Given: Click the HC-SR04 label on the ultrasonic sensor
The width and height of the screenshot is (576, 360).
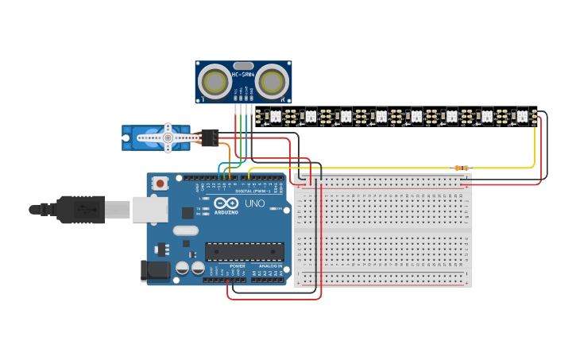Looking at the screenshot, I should coord(242,75).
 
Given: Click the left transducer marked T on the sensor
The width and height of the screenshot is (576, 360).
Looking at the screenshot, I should coord(215,82).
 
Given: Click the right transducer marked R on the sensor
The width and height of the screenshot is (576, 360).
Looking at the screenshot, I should coord(272,82).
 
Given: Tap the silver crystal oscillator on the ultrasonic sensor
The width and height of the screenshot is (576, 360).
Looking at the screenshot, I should coord(243,66).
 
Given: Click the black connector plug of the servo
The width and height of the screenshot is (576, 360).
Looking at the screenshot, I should coord(210,137).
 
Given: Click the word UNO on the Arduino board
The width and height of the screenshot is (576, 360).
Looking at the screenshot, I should coord(255,203).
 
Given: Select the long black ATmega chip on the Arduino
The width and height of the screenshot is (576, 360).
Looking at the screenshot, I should coord(245,252).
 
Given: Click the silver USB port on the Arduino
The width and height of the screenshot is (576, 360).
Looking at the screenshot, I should coord(149,209).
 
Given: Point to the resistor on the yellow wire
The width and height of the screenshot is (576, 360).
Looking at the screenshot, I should coord(460,168).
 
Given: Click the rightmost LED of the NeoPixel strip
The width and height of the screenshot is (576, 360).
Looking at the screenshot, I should coord(522,116).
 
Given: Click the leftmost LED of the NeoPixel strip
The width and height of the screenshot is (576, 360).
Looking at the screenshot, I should coord(276,116).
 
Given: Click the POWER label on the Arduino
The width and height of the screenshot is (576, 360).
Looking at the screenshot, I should coord(238,266).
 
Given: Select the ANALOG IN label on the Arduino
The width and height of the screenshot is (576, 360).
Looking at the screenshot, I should coord(269,266).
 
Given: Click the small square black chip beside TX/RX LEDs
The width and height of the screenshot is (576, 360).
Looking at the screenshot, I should coord(187,213).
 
